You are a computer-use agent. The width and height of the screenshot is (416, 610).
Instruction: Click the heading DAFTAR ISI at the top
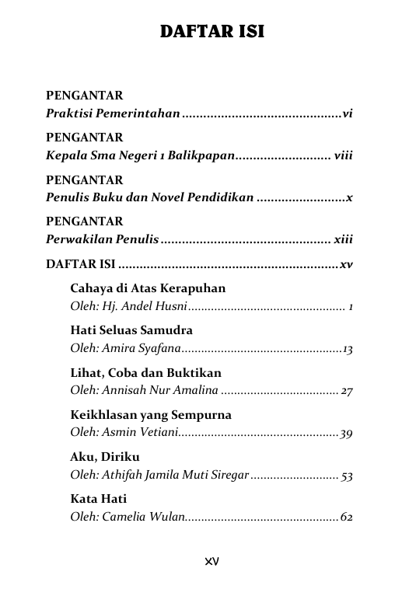[x=211, y=32]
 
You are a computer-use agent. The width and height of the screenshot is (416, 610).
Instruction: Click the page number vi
[x=348, y=114]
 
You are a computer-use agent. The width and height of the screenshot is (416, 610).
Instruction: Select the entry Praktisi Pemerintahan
[x=112, y=114]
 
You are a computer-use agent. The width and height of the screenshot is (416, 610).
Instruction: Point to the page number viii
[x=343, y=156]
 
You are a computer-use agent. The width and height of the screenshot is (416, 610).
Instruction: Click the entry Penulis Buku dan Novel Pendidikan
[x=149, y=198]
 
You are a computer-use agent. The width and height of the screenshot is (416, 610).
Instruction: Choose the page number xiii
[x=343, y=240]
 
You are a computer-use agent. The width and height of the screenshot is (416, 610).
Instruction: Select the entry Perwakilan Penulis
[x=102, y=240]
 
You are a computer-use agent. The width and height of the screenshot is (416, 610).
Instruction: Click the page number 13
[x=348, y=350]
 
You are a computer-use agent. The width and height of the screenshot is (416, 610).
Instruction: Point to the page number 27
[x=347, y=392]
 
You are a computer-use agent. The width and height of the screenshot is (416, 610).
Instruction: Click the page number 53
[x=347, y=476]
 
